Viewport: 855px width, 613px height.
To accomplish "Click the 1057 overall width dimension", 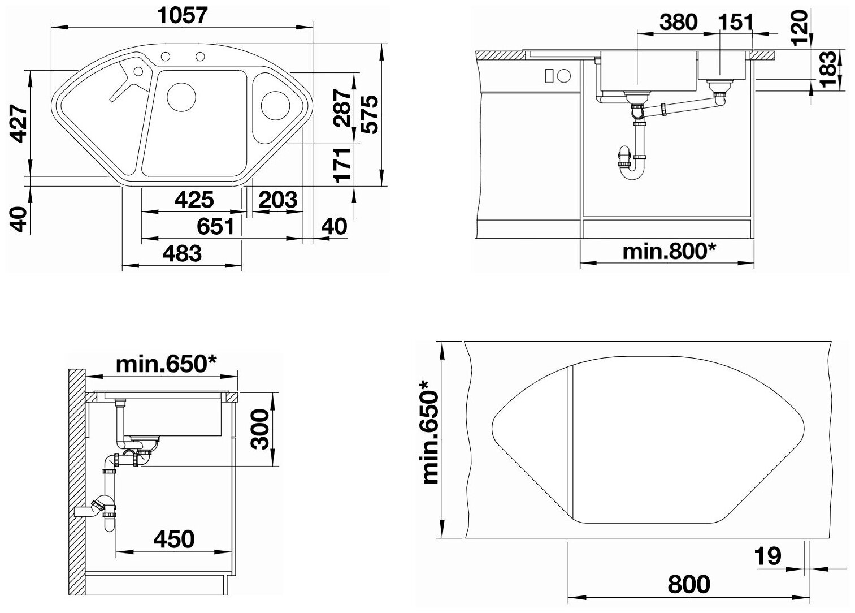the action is (183, 15).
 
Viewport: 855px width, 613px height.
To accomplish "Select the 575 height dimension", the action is (370, 114).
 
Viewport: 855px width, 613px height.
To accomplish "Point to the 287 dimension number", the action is (342, 107).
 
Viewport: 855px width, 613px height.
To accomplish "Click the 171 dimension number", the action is (342, 165).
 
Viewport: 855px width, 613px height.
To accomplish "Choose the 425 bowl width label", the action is (194, 200).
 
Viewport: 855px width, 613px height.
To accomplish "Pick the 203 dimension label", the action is (278, 200).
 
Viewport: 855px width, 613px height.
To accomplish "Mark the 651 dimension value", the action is (216, 226).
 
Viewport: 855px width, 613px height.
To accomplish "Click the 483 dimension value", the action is (182, 253).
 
